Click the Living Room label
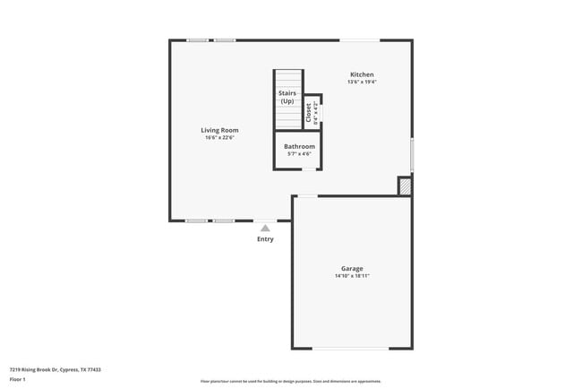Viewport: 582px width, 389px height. click(x=219, y=130)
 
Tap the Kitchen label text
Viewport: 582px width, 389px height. click(x=362, y=74)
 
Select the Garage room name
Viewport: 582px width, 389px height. click(x=352, y=268)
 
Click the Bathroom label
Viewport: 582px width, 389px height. click(x=299, y=146)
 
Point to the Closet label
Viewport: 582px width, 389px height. click(x=309, y=113)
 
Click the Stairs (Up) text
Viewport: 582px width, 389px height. click(x=287, y=97)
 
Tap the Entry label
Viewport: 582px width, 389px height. click(x=265, y=239)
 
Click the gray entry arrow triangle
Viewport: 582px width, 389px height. click(x=265, y=229)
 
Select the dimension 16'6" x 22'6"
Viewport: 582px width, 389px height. click(x=219, y=138)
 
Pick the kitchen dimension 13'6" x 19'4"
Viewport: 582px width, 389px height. click(x=362, y=82)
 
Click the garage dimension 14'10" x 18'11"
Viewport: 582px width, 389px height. click(x=352, y=276)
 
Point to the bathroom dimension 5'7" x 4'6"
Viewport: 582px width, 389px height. click(x=299, y=154)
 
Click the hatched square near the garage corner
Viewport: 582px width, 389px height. click(x=405, y=186)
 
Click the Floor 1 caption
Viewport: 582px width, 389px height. click(x=17, y=380)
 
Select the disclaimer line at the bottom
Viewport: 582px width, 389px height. click(x=290, y=381)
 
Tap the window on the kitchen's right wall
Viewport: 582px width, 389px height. click(x=412, y=153)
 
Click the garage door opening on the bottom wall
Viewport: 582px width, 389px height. click(x=350, y=349)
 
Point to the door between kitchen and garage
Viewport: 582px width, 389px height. click(x=307, y=196)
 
